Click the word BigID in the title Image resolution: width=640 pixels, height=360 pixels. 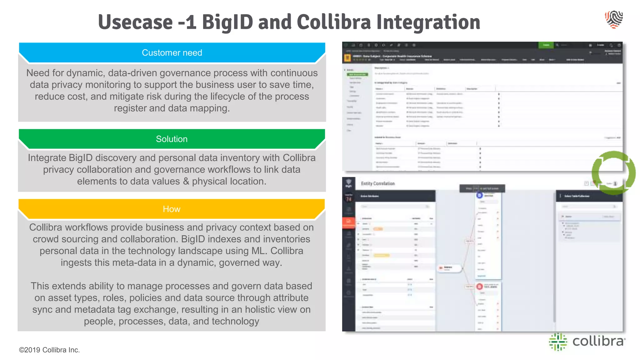coord(227,22)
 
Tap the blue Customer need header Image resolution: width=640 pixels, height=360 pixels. coord(172,52)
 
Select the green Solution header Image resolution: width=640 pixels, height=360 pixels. coord(172,139)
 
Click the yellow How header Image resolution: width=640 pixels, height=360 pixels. coord(172,209)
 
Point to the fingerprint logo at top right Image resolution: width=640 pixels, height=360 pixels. coord(614,19)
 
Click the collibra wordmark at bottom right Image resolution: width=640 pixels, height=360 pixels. coord(598,341)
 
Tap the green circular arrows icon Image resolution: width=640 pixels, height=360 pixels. coord(613,173)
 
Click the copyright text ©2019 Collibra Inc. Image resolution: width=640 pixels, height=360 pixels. coord(49,350)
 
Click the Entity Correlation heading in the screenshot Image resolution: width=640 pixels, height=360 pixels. coord(378,183)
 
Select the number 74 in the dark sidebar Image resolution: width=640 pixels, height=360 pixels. coord(349,199)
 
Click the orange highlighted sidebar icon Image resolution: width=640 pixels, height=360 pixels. coord(349,222)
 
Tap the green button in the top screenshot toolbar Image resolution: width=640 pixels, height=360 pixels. coord(546,45)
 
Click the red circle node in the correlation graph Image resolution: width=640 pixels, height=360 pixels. coord(479,287)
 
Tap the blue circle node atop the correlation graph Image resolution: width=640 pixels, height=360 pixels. coord(479,195)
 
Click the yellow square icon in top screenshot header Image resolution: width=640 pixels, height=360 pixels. coord(347,58)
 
